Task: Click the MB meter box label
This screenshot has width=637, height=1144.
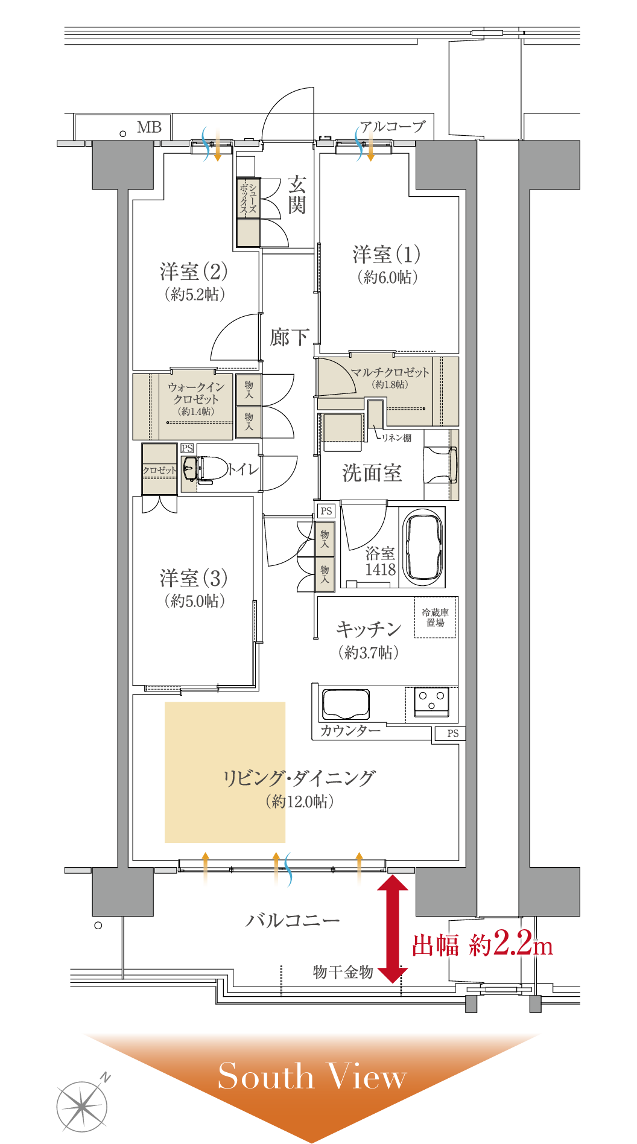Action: point(149,127)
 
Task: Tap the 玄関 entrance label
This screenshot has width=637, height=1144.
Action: point(296,195)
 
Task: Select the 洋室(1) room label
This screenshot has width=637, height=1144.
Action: point(387,255)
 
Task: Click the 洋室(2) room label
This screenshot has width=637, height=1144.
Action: point(194,272)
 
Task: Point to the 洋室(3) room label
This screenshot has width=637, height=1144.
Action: point(194,578)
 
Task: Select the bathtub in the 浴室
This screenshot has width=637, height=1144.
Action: point(423,548)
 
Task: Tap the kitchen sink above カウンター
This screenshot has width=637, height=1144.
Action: point(346,704)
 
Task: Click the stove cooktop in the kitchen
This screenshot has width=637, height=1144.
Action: point(431,702)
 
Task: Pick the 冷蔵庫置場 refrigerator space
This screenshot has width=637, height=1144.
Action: point(435,617)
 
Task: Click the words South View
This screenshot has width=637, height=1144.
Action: point(312,1077)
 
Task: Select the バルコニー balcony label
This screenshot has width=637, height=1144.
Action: point(292,921)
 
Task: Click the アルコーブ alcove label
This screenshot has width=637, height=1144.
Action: point(393,126)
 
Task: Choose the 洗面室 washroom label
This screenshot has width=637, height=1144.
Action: point(372,473)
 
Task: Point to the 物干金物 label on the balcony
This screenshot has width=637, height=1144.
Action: point(343,972)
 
